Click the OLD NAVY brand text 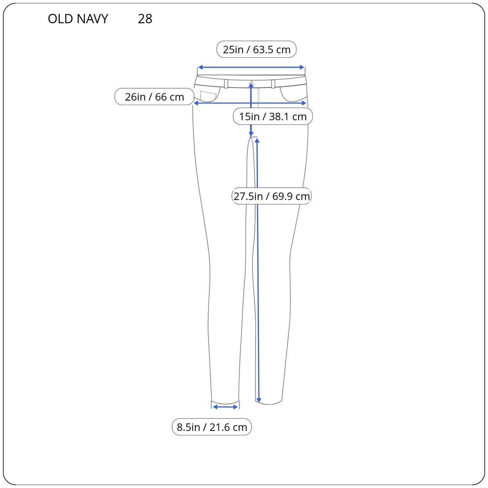coord(78,19)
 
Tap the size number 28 coord(145,19)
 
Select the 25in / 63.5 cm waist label coord(256,49)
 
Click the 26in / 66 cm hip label coord(154,97)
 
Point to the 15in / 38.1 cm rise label coord(273,116)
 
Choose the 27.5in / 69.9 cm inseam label coord(272,196)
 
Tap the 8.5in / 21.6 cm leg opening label coord(212,427)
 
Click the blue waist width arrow coord(251,67)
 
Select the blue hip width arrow coord(250,103)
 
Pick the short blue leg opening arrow coord(225,407)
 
